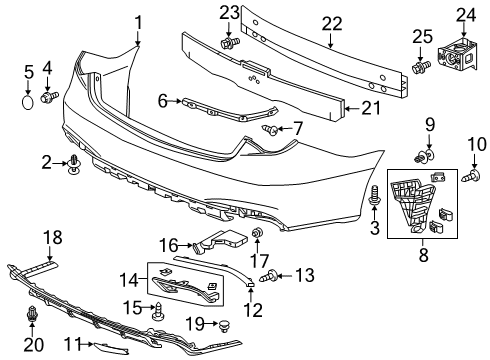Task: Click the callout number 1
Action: (x=139, y=22)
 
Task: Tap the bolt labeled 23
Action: (x=229, y=43)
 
